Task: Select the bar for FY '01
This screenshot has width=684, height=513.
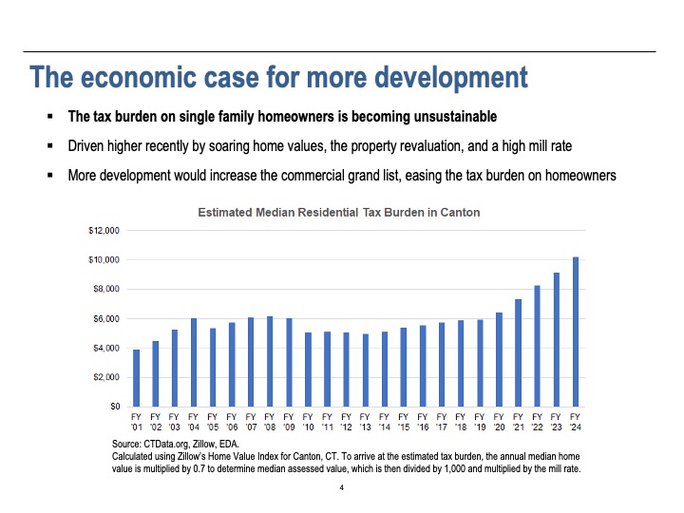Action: coord(137,378)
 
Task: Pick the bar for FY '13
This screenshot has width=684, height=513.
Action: coord(366,370)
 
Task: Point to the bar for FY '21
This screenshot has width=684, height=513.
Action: coord(519,352)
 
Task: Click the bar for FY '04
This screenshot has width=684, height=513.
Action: coord(194,362)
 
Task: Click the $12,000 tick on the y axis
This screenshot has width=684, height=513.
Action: coord(104,230)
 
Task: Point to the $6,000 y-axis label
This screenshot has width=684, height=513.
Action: coord(105,318)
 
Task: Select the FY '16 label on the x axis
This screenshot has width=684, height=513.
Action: coord(423,422)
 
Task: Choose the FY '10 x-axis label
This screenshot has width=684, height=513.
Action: coord(309,422)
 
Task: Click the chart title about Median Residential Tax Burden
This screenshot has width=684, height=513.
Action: coord(338,213)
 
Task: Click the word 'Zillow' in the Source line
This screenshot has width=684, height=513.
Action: coord(202,444)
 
